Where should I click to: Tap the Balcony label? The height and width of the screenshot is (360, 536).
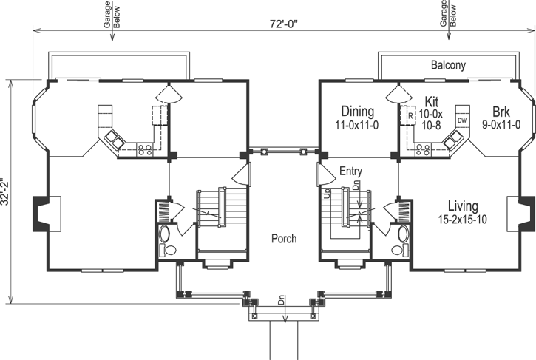[x=448, y=66]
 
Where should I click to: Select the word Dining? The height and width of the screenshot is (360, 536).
[x=356, y=112]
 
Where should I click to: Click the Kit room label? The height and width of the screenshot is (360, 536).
[x=432, y=101]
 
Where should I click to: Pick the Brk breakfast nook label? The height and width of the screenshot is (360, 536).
[x=491, y=112]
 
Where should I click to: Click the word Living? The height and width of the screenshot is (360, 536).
[x=462, y=206]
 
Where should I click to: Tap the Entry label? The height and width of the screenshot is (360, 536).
[x=350, y=171]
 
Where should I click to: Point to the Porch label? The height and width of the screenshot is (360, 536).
[x=283, y=239]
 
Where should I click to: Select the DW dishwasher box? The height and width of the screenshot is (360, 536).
[x=461, y=120]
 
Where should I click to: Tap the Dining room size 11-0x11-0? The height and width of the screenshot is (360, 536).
[x=356, y=126]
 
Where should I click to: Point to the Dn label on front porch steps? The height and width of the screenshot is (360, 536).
[x=283, y=302]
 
